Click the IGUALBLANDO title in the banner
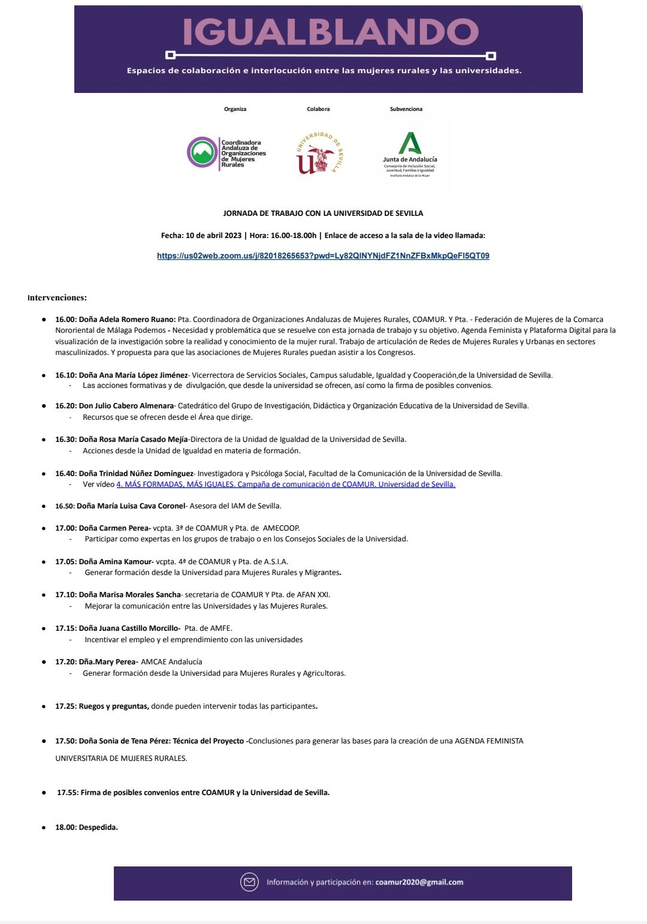[x=330, y=32]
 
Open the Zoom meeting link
[x=323, y=256]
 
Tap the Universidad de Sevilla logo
[x=319, y=154]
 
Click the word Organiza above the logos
[x=235, y=109]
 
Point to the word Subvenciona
[x=406, y=109]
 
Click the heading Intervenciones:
[x=57, y=297]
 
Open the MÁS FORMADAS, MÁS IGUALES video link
[x=286, y=484]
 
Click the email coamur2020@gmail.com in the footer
[x=419, y=882]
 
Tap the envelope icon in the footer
[x=249, y=882]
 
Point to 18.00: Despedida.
[x=86, y=827]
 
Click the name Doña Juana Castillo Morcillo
[x=129, y=628]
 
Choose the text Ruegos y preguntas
[x=113, y=706]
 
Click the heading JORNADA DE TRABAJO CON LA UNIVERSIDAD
[x=323, y=213]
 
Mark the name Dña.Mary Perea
[x=108, y=662]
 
